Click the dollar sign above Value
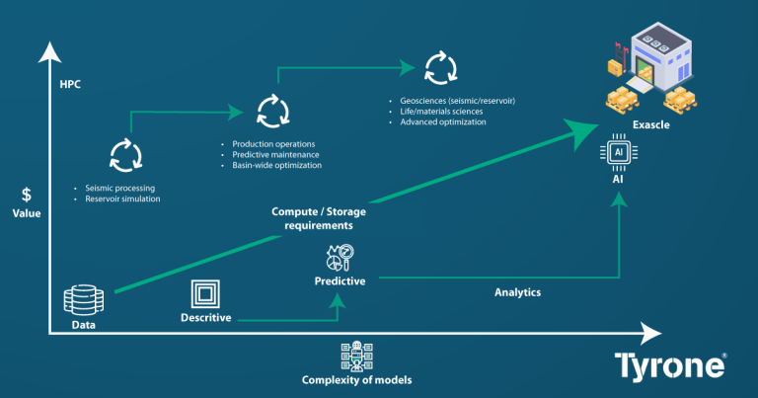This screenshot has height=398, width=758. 26,195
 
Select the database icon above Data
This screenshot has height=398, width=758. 84,298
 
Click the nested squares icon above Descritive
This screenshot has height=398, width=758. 205,294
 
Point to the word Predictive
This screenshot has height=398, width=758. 340,280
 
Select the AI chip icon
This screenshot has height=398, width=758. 618,153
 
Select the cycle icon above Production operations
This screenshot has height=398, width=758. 271,110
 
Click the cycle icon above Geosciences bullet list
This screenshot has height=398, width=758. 437,69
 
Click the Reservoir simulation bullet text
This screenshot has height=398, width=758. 114,199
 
